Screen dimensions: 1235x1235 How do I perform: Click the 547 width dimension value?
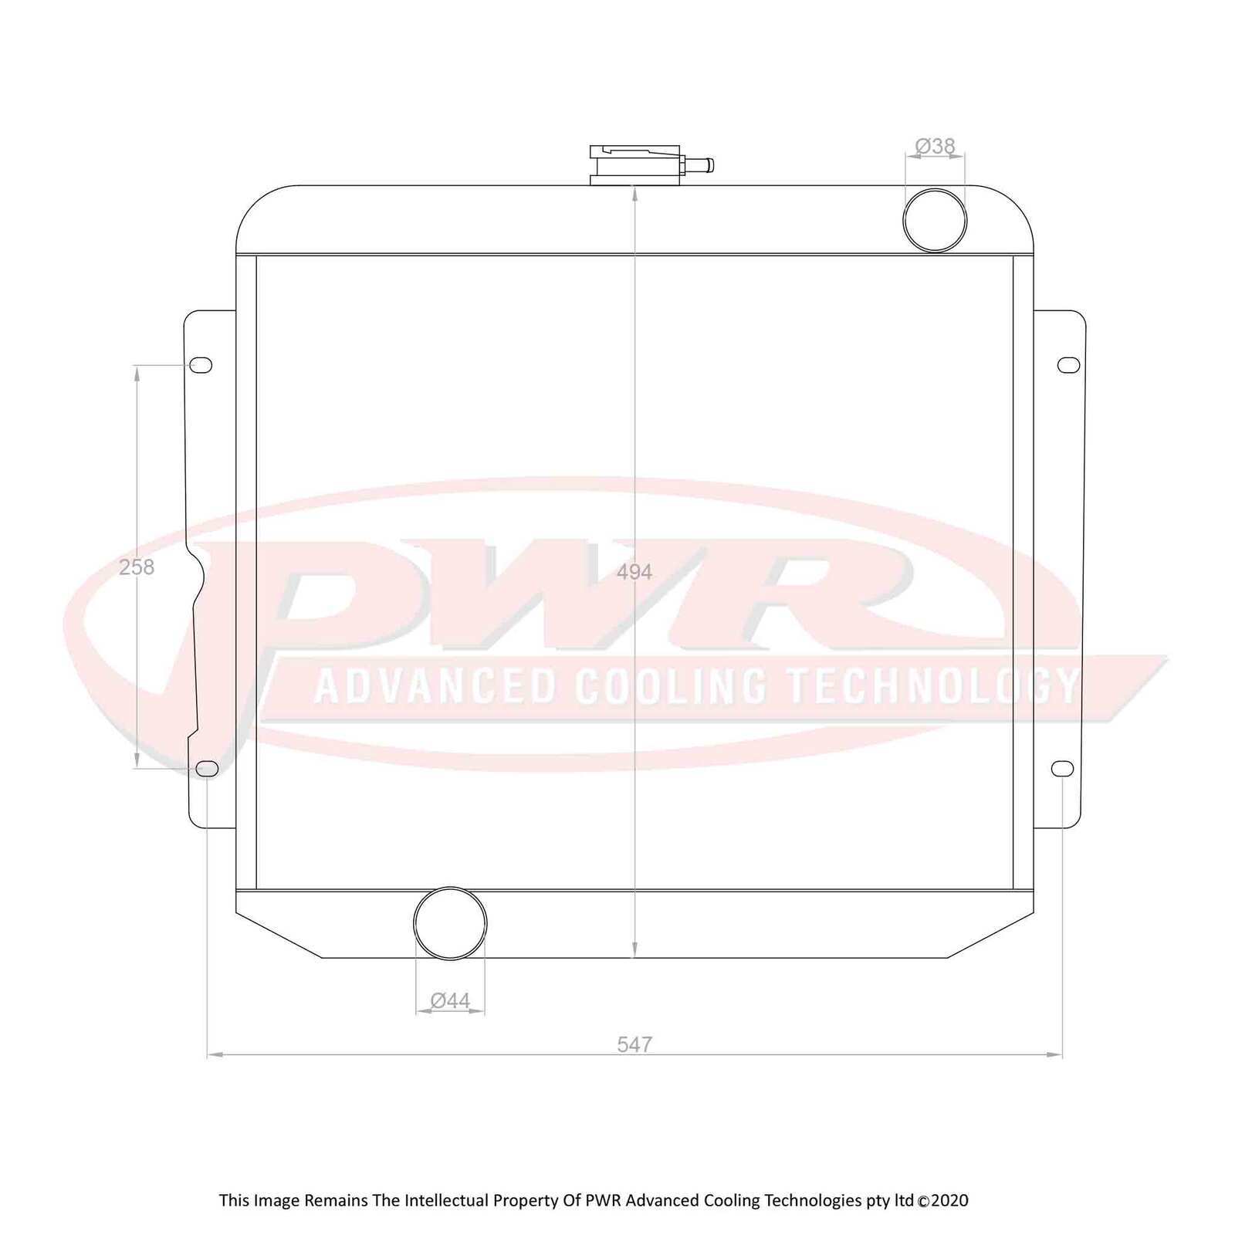634,1044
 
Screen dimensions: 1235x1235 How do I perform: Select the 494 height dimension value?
634,572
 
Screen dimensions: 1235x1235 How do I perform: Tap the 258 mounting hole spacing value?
137,567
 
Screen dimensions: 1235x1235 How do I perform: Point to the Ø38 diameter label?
935,146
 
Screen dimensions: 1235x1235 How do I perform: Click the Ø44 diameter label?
450,1000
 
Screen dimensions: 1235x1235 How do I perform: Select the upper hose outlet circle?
934,220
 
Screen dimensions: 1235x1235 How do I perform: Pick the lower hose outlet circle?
450,923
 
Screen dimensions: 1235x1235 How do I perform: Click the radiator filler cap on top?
634,165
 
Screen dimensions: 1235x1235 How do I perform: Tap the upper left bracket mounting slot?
201,365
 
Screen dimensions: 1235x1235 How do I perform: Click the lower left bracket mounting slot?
207,769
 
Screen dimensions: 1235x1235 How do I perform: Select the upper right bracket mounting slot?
1068,365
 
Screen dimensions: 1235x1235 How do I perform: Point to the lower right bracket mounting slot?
1063,769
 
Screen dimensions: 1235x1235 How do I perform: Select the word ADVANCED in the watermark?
435,685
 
